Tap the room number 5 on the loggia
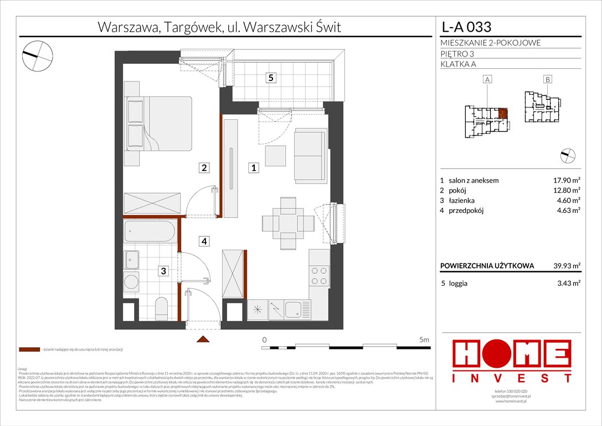270,78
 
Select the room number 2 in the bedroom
204,168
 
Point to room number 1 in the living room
253,168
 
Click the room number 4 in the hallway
204,241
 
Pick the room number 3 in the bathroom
163,271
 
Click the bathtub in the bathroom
150,231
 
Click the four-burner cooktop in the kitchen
319,276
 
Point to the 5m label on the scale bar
424,339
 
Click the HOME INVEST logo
512,361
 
